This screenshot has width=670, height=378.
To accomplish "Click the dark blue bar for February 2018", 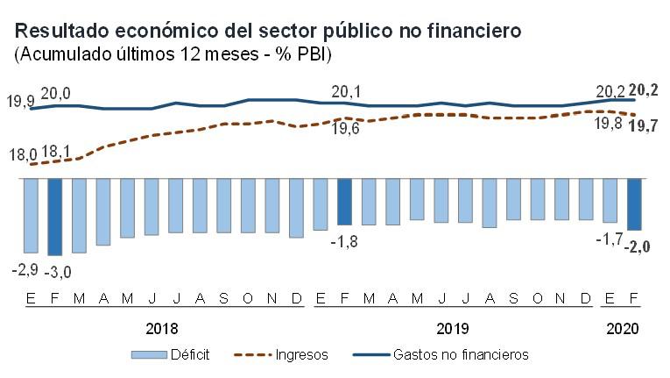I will coord(55,217).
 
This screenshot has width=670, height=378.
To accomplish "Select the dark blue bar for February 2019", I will coord(345,202).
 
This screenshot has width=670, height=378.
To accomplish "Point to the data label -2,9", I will coord(24,269).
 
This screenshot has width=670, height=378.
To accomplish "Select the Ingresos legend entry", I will coord(282,355).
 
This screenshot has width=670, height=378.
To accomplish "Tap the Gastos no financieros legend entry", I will coord(441,355).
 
